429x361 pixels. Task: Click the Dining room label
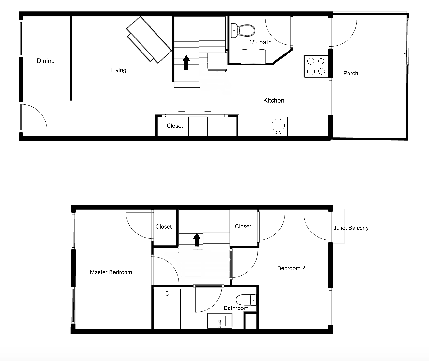point(46,61)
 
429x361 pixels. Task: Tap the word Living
point(119,70)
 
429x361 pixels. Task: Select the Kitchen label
point(274,100)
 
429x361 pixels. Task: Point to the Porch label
point(351,73)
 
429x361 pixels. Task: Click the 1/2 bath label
point(260,42)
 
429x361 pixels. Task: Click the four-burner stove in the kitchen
point(316,66)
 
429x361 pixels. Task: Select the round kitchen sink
point(278,126)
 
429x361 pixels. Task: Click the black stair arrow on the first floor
point(186,63)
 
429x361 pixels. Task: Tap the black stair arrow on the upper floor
point(197,240)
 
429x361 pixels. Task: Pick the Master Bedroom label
point(111,272)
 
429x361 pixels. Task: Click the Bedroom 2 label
point(291,268)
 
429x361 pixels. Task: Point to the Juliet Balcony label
point(351,228)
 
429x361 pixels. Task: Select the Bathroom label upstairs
point(236,308)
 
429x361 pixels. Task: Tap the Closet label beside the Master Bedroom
point(164,227)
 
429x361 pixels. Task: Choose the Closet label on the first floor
point(175,126)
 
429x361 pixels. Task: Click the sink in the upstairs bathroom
point(220,321)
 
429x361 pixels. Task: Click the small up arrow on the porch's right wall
point(405,54)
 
